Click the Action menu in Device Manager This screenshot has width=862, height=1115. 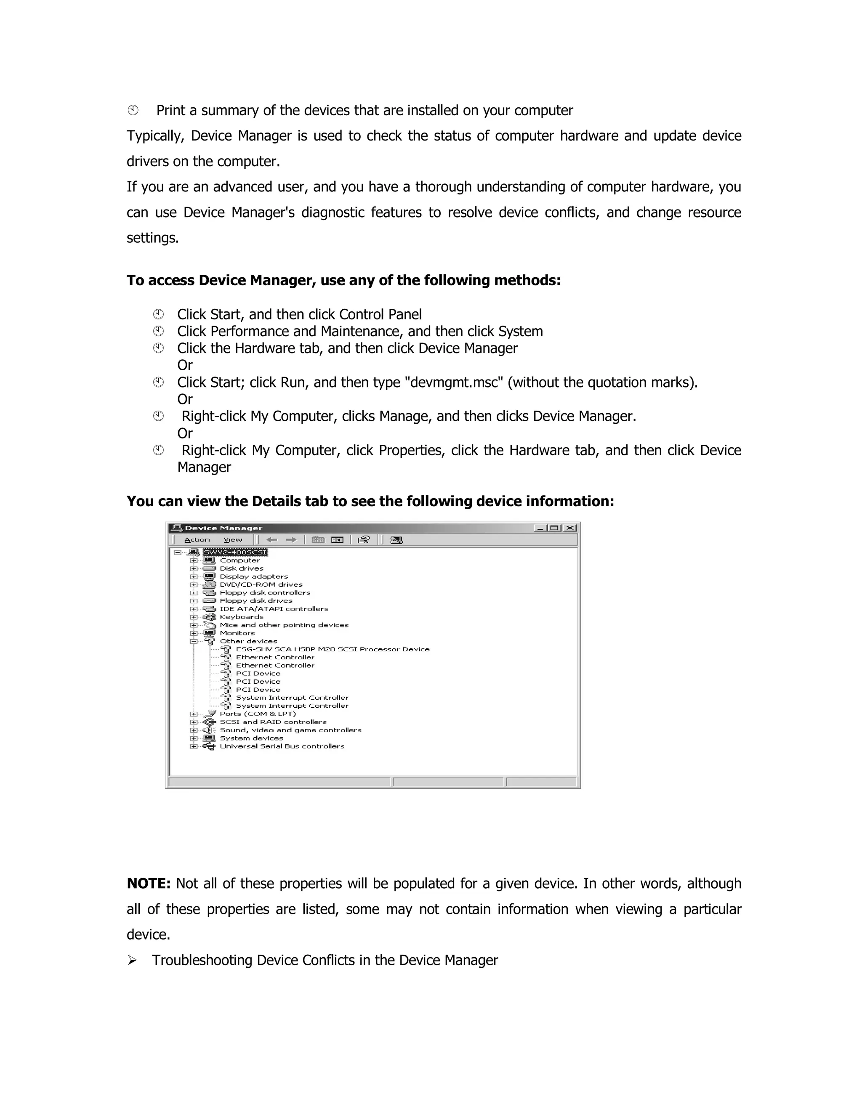coord(197,540)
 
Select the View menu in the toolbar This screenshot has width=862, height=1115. coord(233,540)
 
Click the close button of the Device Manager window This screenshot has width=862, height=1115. coord(570,528)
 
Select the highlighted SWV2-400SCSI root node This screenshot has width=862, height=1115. coord(235,552)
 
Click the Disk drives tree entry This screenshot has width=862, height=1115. coord(242,568)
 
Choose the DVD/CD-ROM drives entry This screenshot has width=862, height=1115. coord(261,584)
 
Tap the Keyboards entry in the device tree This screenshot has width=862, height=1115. coord(242,617)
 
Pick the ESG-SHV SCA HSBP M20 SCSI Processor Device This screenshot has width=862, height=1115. coord(333,649)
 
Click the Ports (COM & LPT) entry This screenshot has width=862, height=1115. coord(257,714)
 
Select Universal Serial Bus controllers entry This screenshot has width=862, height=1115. coord(282,746)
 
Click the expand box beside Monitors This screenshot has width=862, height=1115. coord(194,633)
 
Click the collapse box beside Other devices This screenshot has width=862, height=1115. coord(194,641)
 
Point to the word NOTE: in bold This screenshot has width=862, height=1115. coord(148,884)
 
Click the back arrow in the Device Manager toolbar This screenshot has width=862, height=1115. coord(271,540)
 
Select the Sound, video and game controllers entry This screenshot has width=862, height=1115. coord(290,730)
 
